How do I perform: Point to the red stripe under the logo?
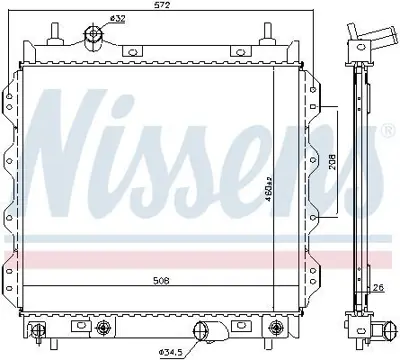(x=200, y=257)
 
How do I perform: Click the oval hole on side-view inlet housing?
(x=358, y=41)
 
